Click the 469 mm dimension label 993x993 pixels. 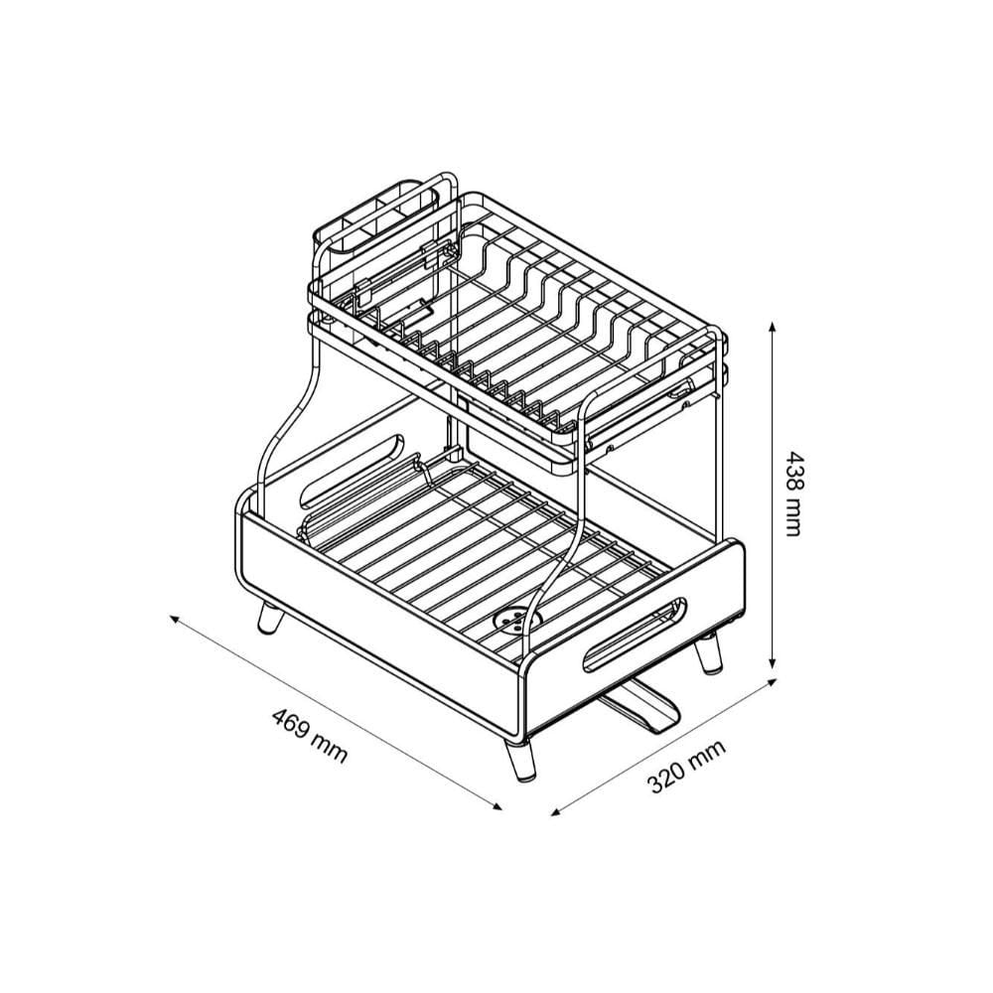tap(310, 736)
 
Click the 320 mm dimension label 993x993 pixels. tap(686, 767)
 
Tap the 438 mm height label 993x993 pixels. tap(793, 494)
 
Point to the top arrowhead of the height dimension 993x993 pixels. tap(772, 327)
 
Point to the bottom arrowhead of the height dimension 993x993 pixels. tap(772, 661)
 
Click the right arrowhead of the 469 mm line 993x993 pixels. tap(496, 805)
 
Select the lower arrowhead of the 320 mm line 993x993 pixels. tap(557, 811)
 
